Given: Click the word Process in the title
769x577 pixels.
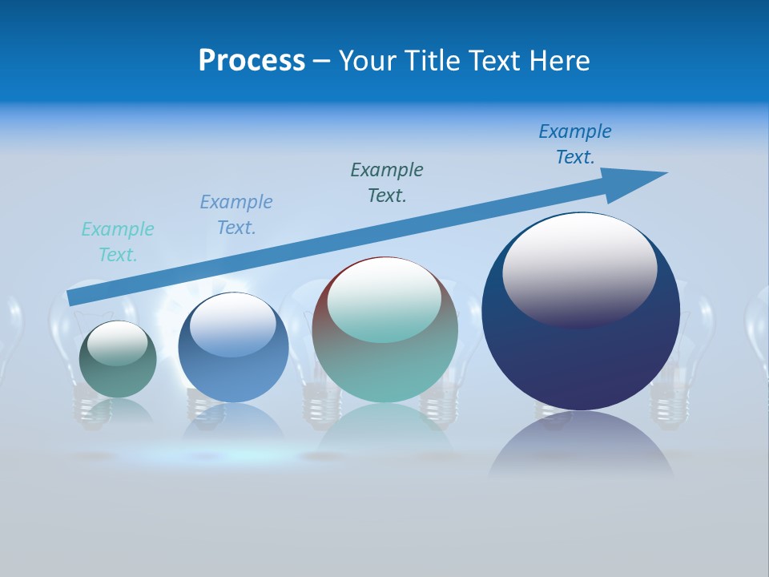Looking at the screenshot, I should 252,61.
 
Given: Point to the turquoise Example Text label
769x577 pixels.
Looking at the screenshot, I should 118,242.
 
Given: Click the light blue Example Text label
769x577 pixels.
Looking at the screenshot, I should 236,215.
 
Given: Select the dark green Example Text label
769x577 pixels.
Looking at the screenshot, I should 387,183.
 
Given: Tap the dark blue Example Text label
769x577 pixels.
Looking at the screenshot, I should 575,144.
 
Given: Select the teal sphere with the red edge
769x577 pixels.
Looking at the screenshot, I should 384,369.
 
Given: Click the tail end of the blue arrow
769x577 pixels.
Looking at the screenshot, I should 74,297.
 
